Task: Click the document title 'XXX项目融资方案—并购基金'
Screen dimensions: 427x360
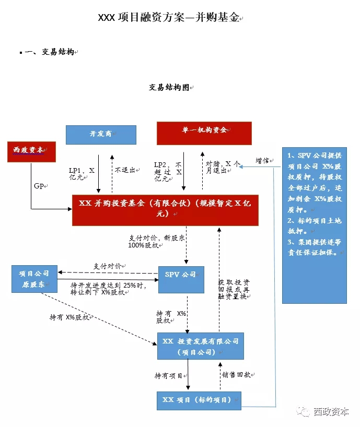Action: coord(169,18)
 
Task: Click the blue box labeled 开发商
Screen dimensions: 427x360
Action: coord(101,135)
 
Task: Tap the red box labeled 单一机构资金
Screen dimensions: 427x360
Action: coord(204,133)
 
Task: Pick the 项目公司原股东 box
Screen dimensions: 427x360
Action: coord(34,278)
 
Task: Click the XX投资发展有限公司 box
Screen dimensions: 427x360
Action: coord(200,346)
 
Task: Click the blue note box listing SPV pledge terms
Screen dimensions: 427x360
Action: coord(314,226)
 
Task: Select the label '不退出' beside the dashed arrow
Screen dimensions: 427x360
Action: coord(124,170)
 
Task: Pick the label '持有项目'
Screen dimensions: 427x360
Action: coord(168,375)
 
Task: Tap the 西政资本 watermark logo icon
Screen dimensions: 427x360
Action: coord(303,411)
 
